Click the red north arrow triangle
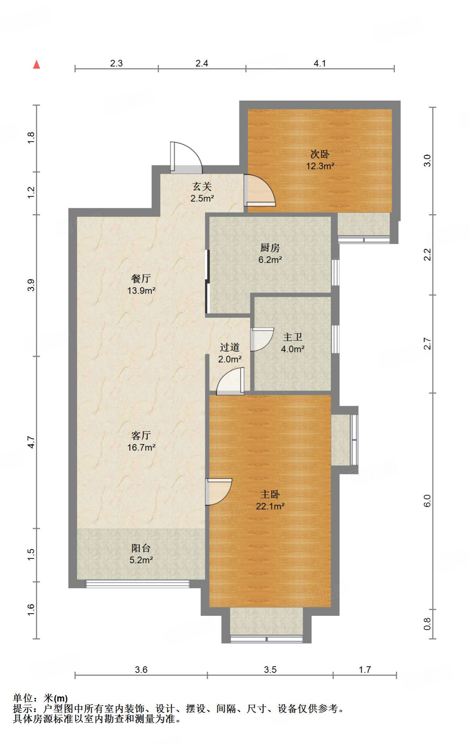(36, 64)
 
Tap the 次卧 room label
(320, 154)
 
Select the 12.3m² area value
(320, 166)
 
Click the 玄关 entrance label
(202, 187)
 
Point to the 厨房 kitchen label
(270, 248)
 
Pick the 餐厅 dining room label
(141, 279)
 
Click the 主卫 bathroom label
(293, 337)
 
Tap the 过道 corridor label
(230, 347)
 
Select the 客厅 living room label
(141, 435)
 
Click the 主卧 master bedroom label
(270, 494)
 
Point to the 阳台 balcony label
(141, 548)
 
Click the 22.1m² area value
(270, 506)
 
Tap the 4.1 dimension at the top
(320, 63)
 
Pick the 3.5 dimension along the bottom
(270, 670)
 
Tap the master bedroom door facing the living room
(218, 492)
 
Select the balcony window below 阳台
(138, 584)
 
